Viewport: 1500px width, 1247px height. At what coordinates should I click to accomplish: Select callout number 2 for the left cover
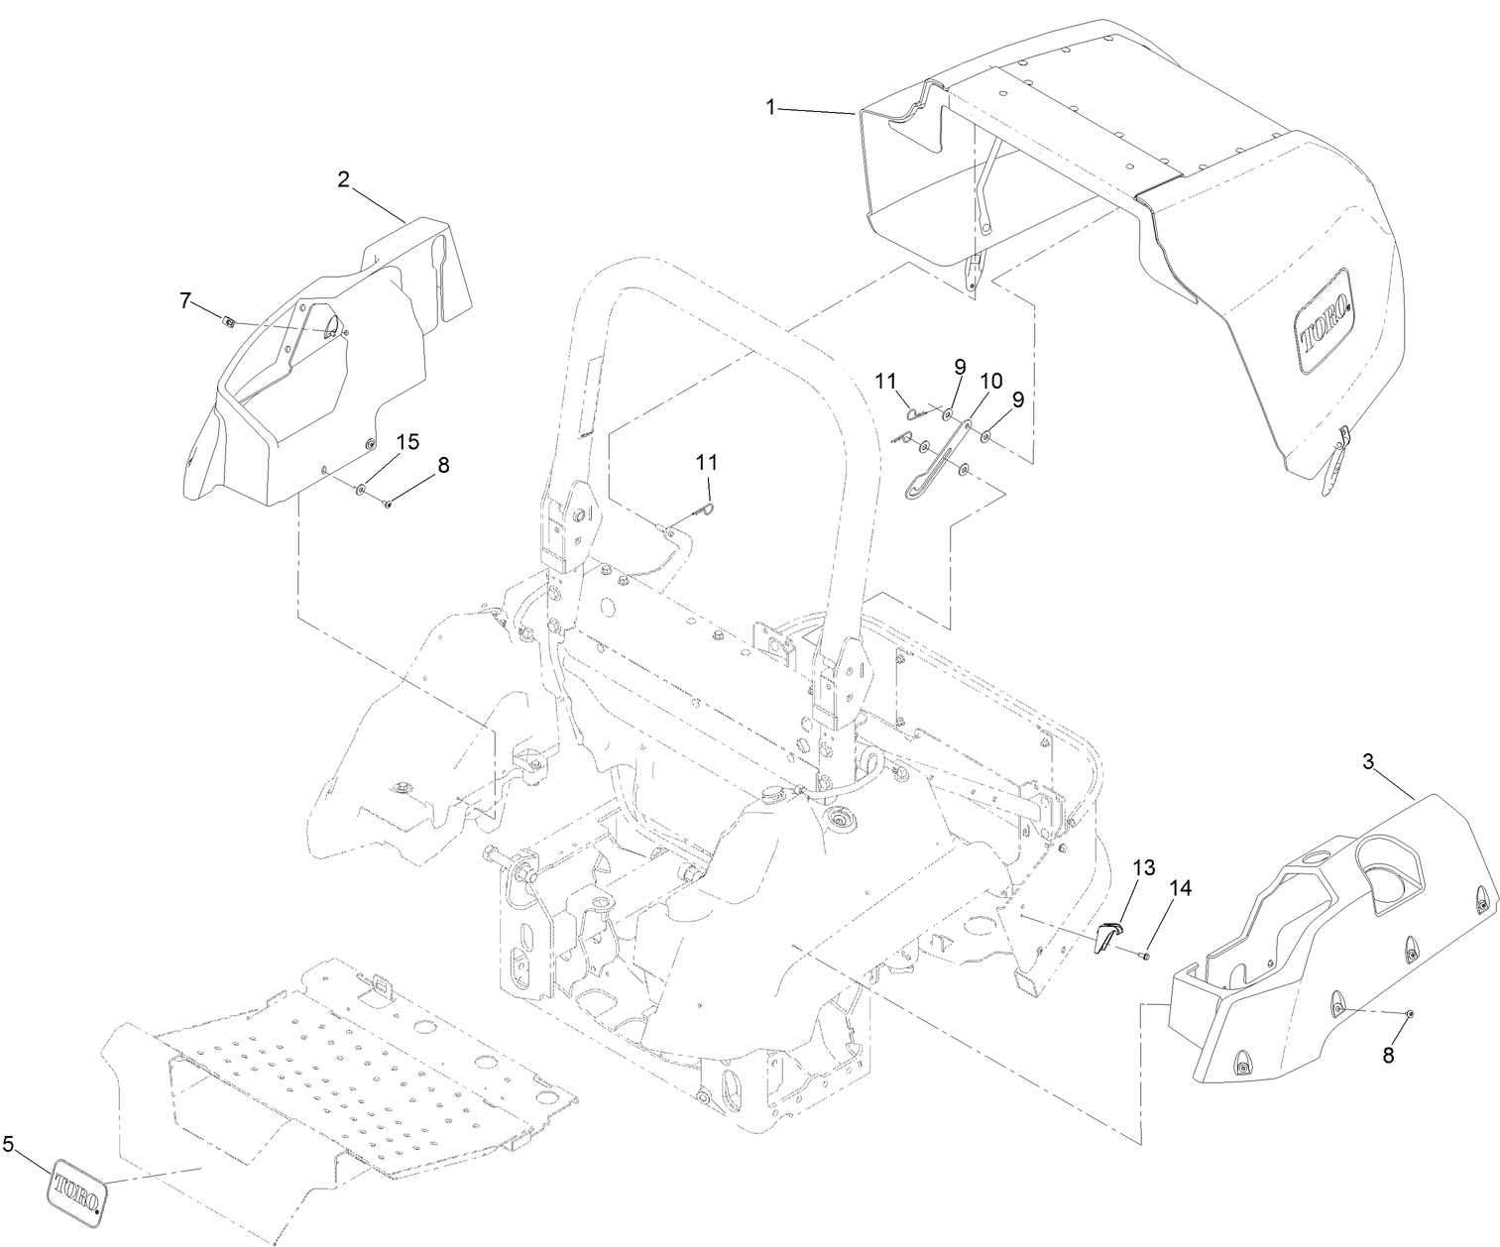343,179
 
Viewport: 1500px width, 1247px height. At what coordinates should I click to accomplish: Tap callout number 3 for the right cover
1369,761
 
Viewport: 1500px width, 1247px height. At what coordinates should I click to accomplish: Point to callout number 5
9,1145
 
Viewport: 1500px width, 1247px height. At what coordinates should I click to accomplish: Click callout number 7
185,300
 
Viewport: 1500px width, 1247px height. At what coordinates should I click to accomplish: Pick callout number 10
990,381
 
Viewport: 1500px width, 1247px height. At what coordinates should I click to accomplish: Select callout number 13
1143,868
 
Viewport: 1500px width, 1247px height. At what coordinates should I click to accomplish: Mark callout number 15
406,442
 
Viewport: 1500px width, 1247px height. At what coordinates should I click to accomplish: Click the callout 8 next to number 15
442,465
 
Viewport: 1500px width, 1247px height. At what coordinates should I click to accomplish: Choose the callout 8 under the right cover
1388,1056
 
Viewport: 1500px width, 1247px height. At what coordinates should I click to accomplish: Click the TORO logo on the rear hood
1326,322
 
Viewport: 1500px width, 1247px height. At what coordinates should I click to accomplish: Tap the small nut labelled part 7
228,320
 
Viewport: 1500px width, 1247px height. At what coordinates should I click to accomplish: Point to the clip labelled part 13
1108,936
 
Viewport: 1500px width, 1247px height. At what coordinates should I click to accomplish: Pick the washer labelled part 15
359,489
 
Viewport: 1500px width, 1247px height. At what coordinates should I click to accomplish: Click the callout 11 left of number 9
885,381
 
